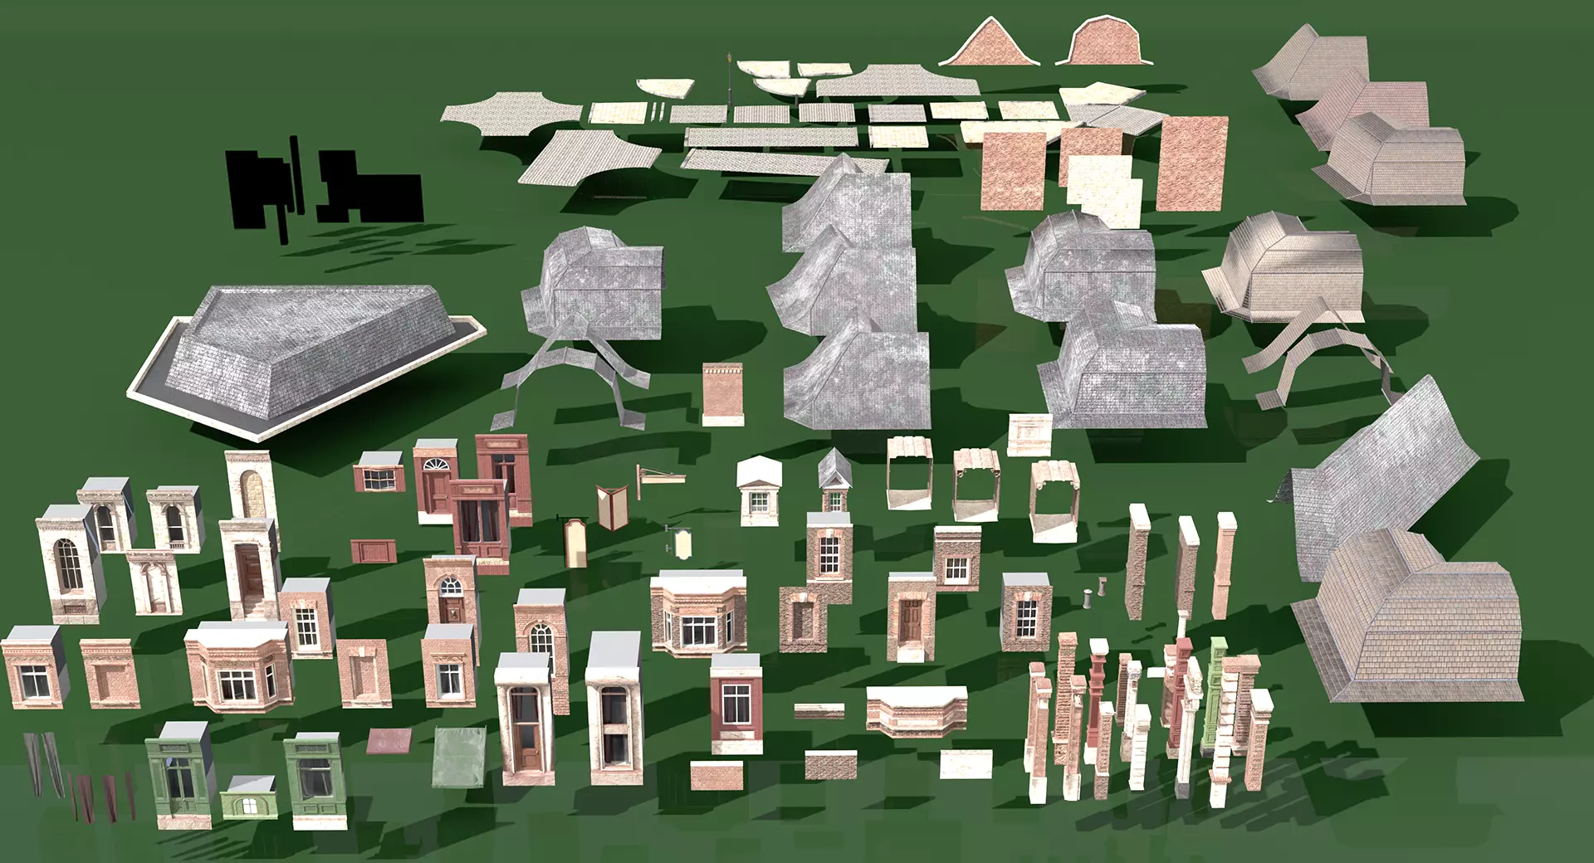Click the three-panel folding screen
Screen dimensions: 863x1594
611,506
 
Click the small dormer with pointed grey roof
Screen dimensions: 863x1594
834,481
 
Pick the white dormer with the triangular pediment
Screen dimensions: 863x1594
760,490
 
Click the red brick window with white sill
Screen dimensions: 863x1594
736,701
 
